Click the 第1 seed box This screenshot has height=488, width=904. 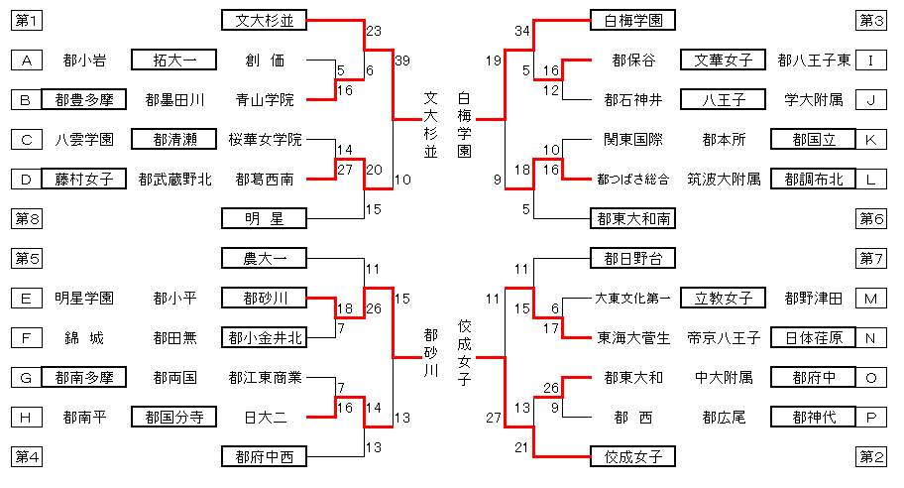tap(28, 20)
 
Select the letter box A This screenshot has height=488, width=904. tap(28, 61)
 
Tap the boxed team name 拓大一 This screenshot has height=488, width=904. tap(175, 61)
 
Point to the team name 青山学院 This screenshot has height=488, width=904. tap(265, 99)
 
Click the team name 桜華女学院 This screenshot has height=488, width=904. tap(265, 139)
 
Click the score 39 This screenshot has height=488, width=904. tap(401, 61)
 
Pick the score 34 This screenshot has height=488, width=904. tap(522, 31)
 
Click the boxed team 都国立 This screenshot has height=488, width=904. tap(812, 139)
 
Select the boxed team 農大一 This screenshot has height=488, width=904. tap(265, 258)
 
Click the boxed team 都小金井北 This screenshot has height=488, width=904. tap(265, 337)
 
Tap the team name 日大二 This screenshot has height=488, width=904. tap(265, 417)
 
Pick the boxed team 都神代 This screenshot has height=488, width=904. tap(812, 417)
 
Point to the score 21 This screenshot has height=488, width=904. tap(522, 447)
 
